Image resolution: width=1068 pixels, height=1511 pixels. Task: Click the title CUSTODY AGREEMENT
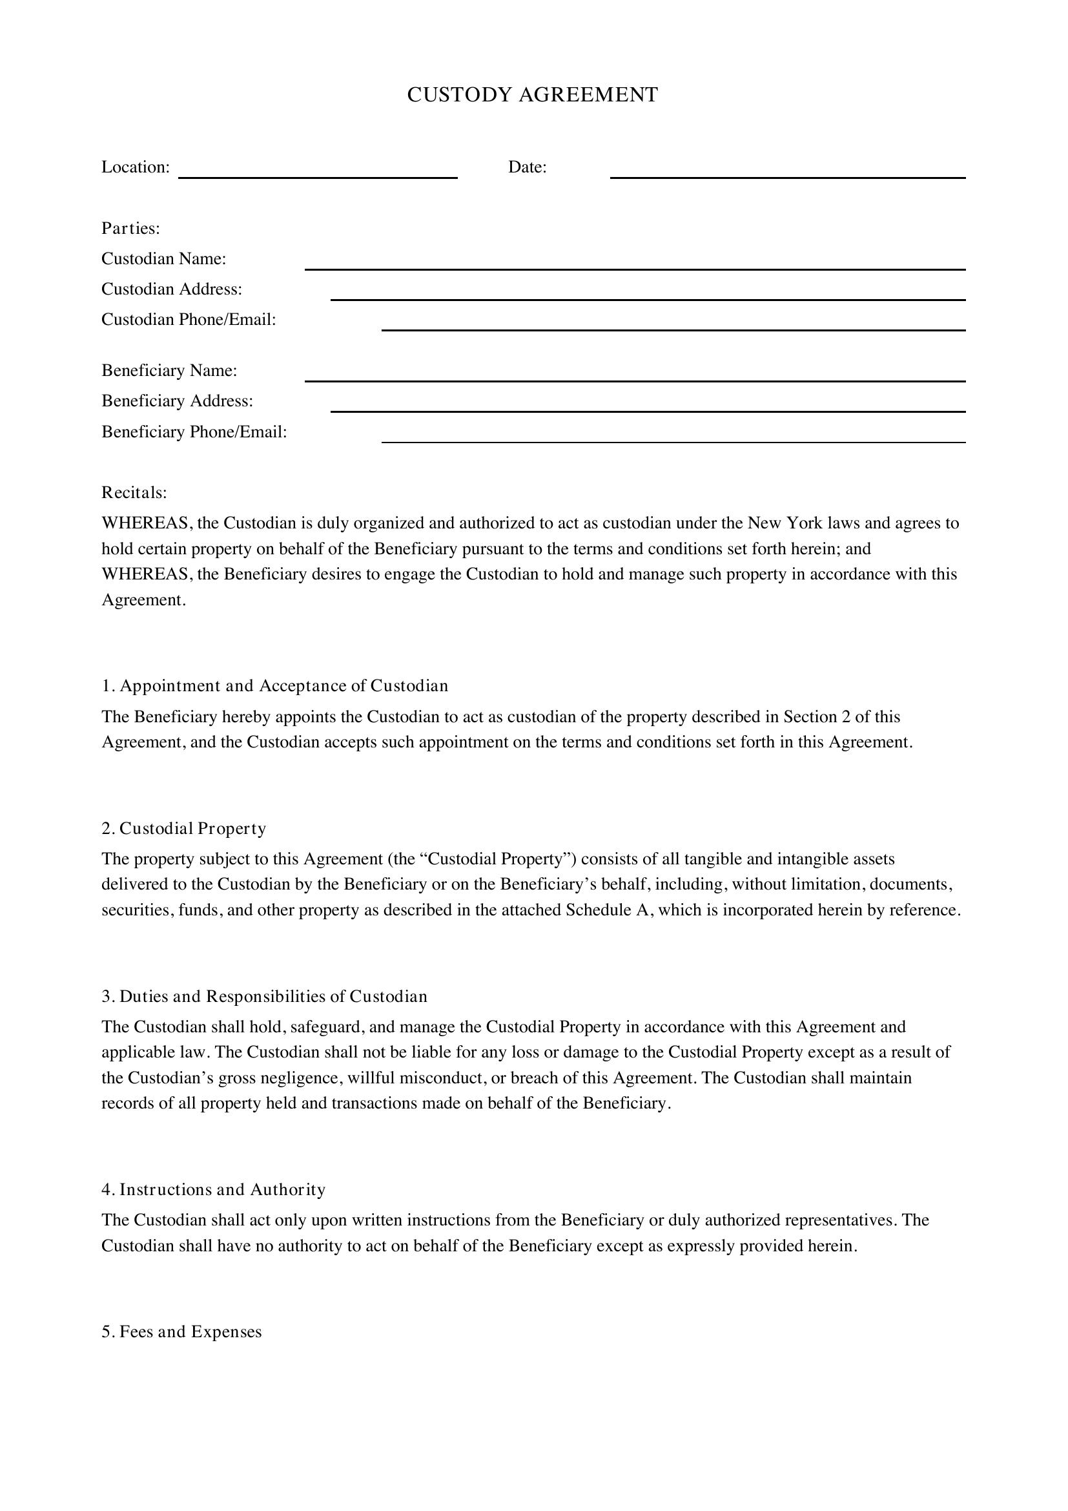[x=532, y=95]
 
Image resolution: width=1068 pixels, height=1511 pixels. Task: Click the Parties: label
[x=131, y=228]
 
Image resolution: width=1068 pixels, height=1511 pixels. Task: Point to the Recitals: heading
[x=134, y=492]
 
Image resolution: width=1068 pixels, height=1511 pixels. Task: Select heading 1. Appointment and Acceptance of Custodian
[x=275, y=686]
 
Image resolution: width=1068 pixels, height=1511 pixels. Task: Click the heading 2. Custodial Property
[x=183, y=829]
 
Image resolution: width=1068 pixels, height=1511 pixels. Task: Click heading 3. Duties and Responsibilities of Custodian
[x=264, y=996]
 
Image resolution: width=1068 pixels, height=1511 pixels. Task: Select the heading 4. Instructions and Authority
[x=214, y=1189]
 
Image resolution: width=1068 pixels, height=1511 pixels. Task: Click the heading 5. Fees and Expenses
[x=181, y=1332]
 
